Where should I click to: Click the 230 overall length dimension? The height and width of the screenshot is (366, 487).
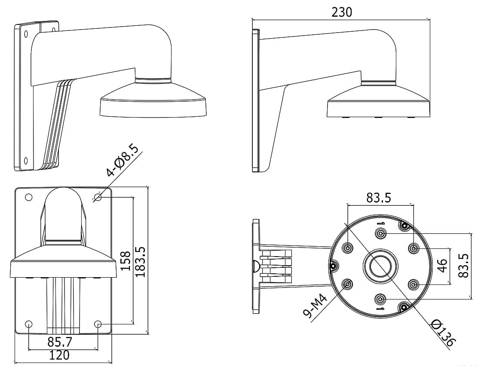[x=342, y=12]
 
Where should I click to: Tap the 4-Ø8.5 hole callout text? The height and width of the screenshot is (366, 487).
[x=122, y=160]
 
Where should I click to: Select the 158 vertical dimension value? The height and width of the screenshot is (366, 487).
[x=125, y=261]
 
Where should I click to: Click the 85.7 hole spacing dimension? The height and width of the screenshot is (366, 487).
[x=60, y=342]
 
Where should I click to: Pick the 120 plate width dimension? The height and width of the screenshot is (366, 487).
[x=59, y=355]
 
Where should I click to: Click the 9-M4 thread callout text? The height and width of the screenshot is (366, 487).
[x=315, y=307]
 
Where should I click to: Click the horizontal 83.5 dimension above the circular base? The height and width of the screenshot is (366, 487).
[x=379, y=197]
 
